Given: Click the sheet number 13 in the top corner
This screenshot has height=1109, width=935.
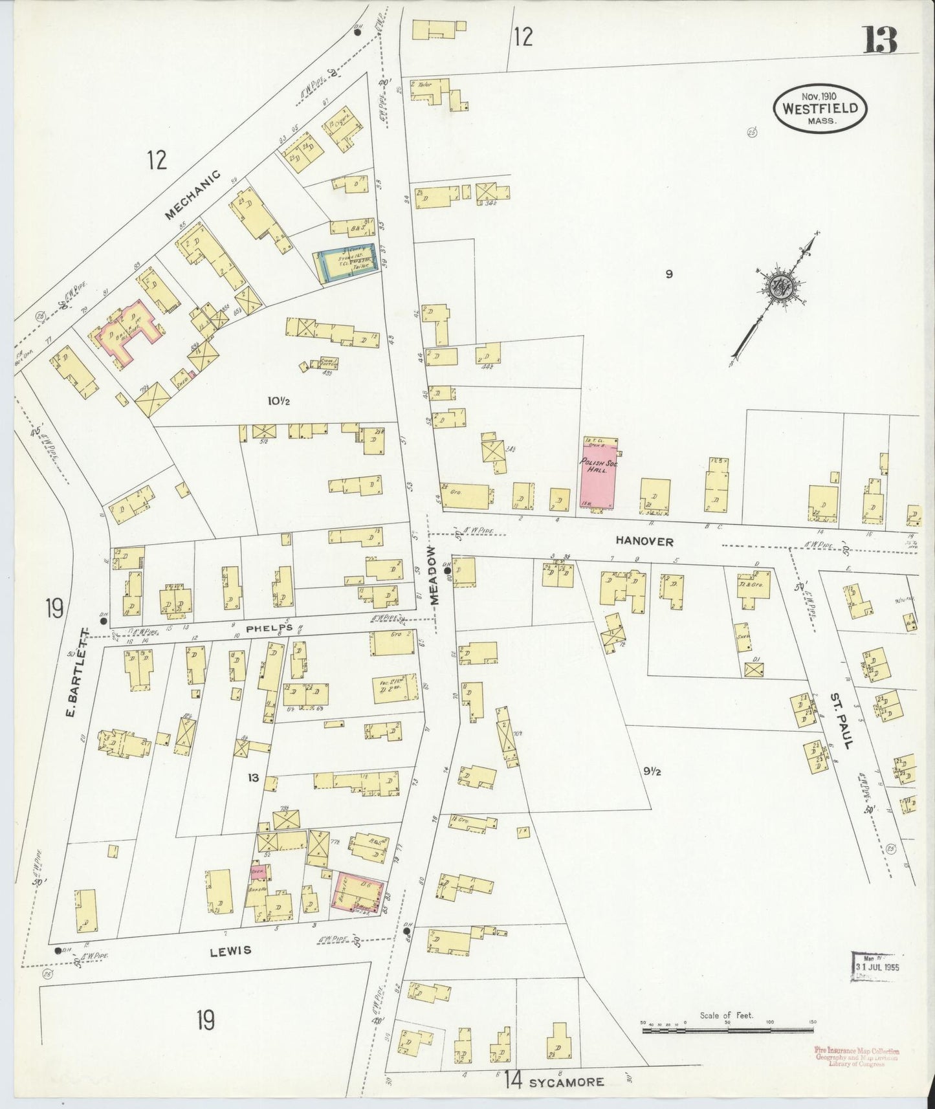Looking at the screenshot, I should (x=879, y=41).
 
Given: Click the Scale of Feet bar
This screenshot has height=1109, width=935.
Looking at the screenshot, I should (x=727, y=1029).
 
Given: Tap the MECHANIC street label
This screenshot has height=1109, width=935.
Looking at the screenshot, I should (x=192, y=194).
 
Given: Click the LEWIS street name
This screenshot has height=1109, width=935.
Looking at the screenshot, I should (x=230, y=950).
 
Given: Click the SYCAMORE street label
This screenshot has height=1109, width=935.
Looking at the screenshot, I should (x=566, y=1081).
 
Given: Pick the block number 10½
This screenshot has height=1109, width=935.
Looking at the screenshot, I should (x=278, y=401).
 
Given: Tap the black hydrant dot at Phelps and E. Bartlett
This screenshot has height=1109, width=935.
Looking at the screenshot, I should (x=103, y=620).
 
